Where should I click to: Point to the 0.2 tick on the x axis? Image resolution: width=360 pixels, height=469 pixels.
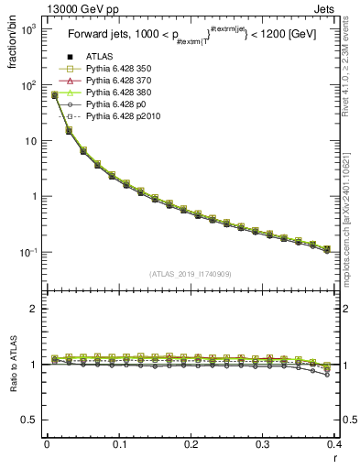[x=191, y=444]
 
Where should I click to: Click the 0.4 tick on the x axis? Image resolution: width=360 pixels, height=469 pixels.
[x=334, y=444]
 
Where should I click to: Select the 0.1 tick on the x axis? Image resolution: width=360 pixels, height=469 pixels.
[x=118, y=444]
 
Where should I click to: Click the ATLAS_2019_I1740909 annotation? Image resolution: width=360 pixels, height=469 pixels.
[x=191, y=274]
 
